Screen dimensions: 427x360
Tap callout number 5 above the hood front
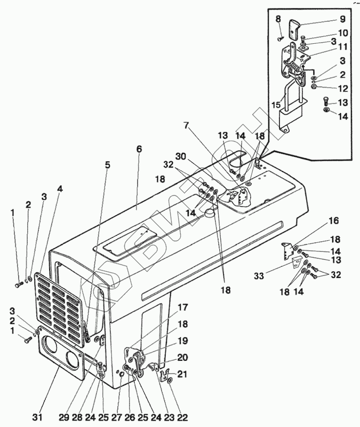108,165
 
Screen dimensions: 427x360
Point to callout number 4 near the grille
60,189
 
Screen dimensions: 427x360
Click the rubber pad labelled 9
294,28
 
